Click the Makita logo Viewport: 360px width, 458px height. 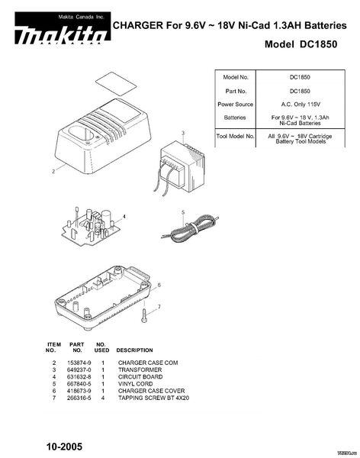click(63, 28)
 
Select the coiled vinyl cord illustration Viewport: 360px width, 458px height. click(190, 228)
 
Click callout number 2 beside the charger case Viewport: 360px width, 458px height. click(53, 172)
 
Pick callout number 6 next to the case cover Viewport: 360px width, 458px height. click(159, 285)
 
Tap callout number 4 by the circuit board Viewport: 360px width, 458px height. click(124, 217)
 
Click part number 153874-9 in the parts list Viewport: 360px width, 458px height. click(79, 363)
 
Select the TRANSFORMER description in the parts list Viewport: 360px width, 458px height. click(140, 369)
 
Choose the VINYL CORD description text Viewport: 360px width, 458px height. click(136, 384)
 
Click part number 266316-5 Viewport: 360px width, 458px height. click(79, 398)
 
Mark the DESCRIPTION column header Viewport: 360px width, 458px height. click(134, 350)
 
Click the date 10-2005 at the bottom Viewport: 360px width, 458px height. click(64, 447)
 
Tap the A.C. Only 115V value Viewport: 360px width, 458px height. click(301, 105)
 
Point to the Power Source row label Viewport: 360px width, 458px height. click(236, 105)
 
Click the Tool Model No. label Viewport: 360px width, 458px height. click(236, 136)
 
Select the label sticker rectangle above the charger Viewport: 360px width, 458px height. click(117, 83)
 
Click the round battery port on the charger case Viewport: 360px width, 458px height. click(82, 134)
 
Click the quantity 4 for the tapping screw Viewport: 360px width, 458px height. click(103, 398)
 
